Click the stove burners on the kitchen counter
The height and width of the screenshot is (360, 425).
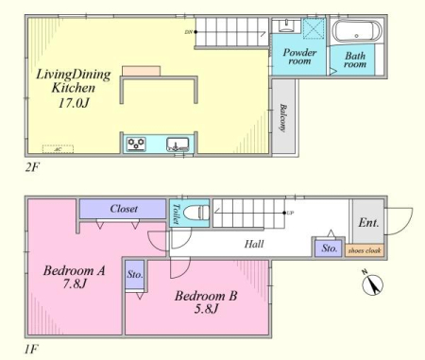point(137,145)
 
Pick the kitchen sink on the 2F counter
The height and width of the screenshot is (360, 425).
point(176,145)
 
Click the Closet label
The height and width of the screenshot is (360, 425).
point(124,208)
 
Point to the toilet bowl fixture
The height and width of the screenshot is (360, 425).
point(195,214)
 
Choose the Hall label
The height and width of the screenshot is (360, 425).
point(253,244)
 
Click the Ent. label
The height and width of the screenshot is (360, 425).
point(368,224)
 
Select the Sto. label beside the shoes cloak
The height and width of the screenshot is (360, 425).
point(329,248)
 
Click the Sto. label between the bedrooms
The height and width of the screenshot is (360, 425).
point(135,276)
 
